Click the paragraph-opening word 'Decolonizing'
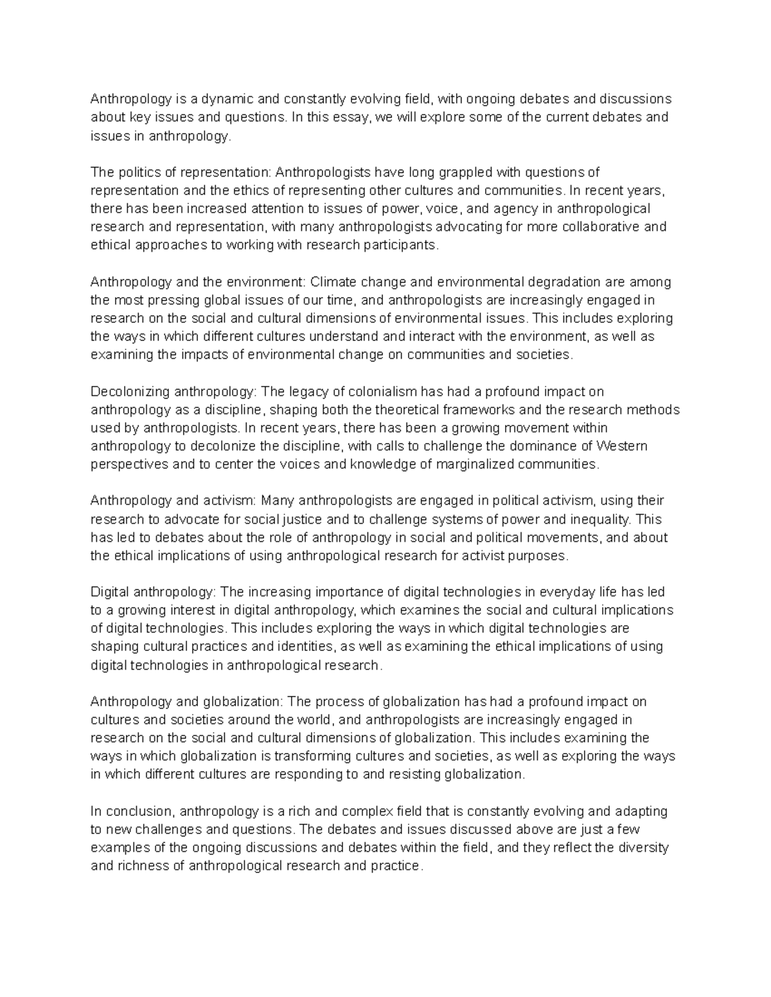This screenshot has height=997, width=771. pos(130,392)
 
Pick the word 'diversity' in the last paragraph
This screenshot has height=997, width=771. pos(643,847)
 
